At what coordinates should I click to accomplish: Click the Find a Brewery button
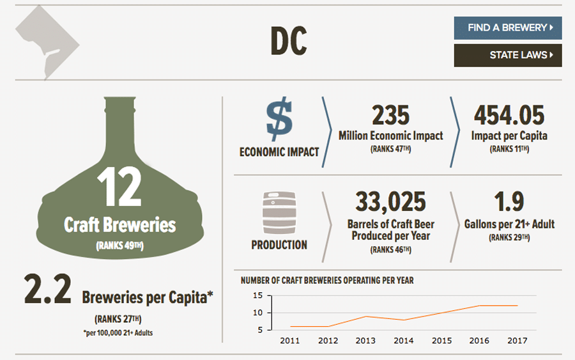[x=507, y=28]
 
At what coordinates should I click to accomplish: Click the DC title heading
[x=288, y=42]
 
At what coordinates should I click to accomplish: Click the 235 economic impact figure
[x=390, y=116]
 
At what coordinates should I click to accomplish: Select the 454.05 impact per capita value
[x=509, y=116]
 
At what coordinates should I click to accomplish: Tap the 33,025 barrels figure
[x=390, y=201]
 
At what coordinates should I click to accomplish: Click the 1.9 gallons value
[x=509, y=201]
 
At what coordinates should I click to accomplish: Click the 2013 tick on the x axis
[x=365, y=340]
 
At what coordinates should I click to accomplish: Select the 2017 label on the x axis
[x=517, y=340]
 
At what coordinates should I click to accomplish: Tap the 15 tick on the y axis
[x=258, y=295]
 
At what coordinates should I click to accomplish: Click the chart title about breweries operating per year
[x=327, y=280]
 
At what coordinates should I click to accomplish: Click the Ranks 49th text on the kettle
[x=119, y=246]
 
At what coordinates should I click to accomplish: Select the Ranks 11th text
[x=509, y=150]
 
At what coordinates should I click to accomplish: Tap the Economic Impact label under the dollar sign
[x=279, y=153]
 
